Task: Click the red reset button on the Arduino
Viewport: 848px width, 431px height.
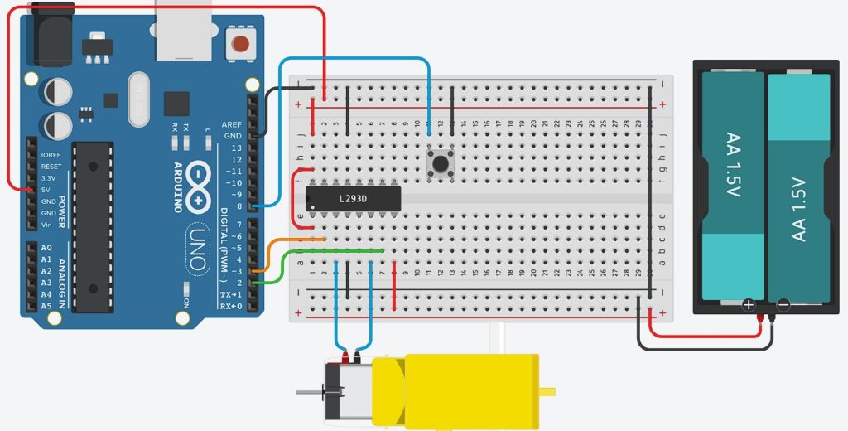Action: click(x=240, y=43)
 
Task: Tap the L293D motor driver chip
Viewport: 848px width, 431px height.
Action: click(x=354, y=198)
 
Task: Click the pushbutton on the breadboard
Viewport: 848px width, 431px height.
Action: click(x=439, y=162)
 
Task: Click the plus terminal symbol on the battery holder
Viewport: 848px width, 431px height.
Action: click(x=749, y=305)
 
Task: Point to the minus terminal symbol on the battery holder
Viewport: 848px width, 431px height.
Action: click(x=783, y=305)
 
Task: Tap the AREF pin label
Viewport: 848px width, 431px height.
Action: click(x=232, y=124)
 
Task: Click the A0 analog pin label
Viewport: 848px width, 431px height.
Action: click(x=46, y=248)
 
